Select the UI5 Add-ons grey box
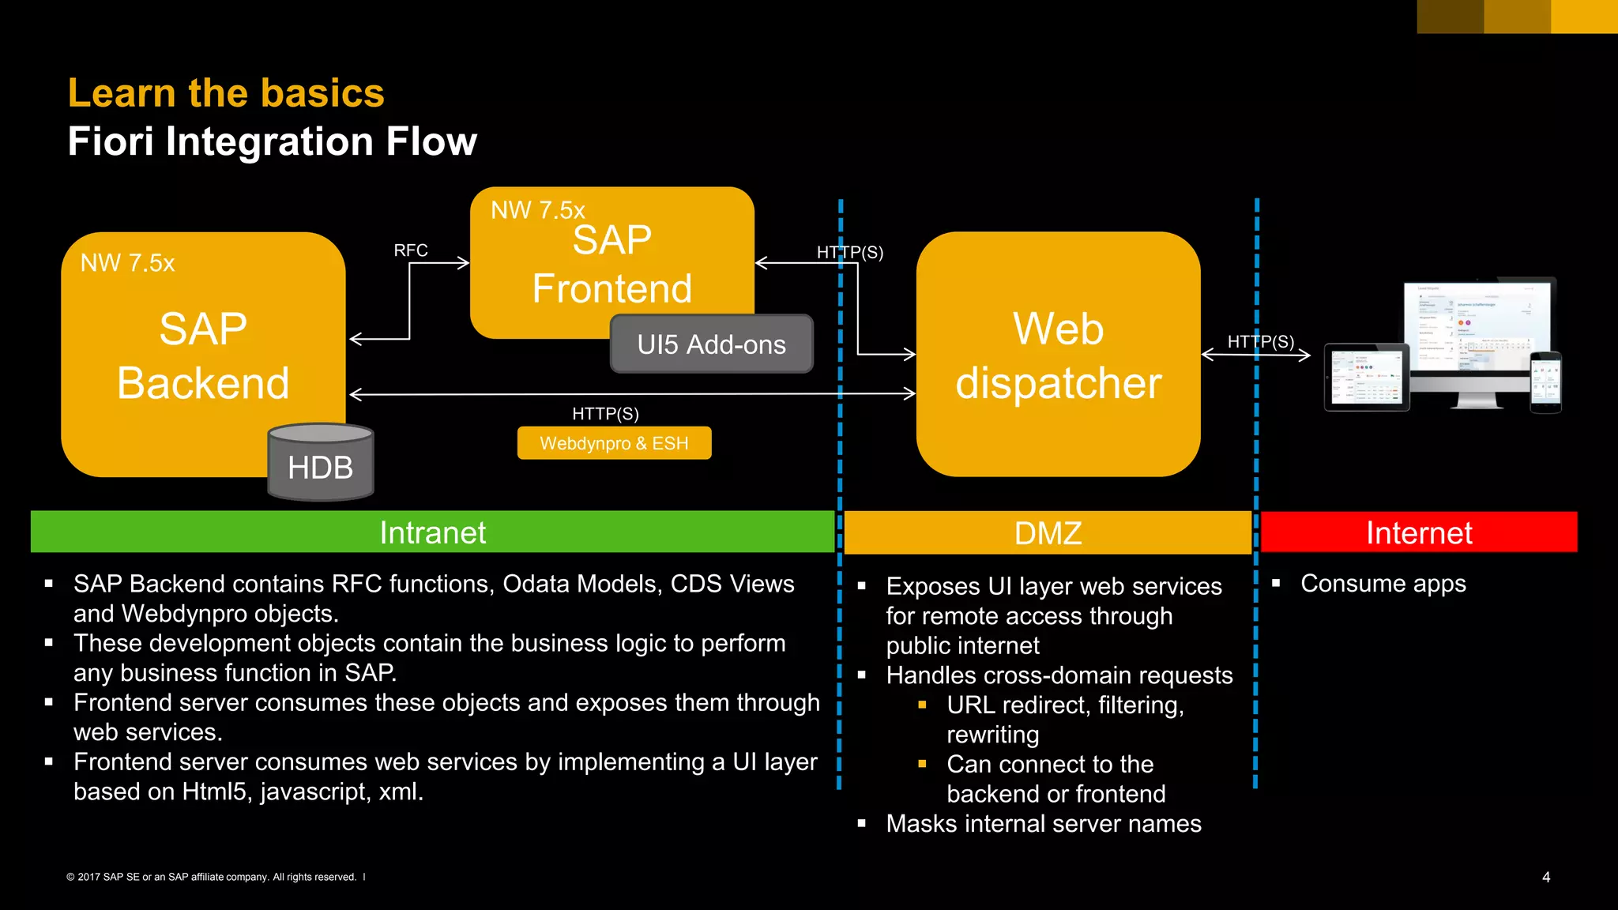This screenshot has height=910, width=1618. [711, 344]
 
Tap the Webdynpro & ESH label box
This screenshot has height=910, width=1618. [614, 443]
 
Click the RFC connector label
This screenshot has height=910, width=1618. [411, 250]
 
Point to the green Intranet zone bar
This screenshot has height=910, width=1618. [432, 532]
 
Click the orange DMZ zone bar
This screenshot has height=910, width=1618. [1048, 533]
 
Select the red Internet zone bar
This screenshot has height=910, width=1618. [1419, 532]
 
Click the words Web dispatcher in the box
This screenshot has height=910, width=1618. [1058, 355]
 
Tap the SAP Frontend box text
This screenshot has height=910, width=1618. [612, 264]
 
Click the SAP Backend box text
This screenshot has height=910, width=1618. [203, 355]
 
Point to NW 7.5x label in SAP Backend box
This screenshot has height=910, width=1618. [127, 262]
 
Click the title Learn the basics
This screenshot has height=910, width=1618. [226, 93]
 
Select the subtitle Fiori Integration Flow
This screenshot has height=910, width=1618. [272, 141]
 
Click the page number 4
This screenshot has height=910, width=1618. [1546, 877]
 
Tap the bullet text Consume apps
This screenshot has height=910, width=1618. [1383, 584]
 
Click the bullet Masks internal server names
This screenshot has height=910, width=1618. [1043, 824]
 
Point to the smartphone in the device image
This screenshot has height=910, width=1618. [1545, 382]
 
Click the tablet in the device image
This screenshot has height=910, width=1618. [1367, 377]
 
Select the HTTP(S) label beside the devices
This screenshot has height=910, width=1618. [1260, 341]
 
